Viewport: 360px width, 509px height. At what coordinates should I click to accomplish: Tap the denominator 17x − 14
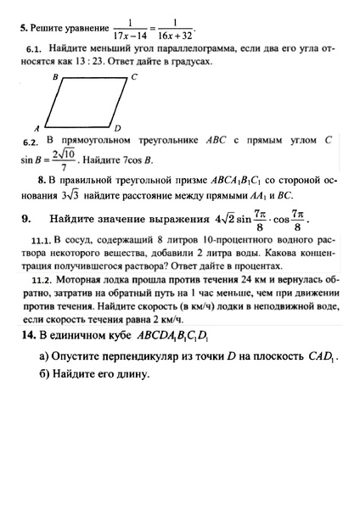(132, 35)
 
